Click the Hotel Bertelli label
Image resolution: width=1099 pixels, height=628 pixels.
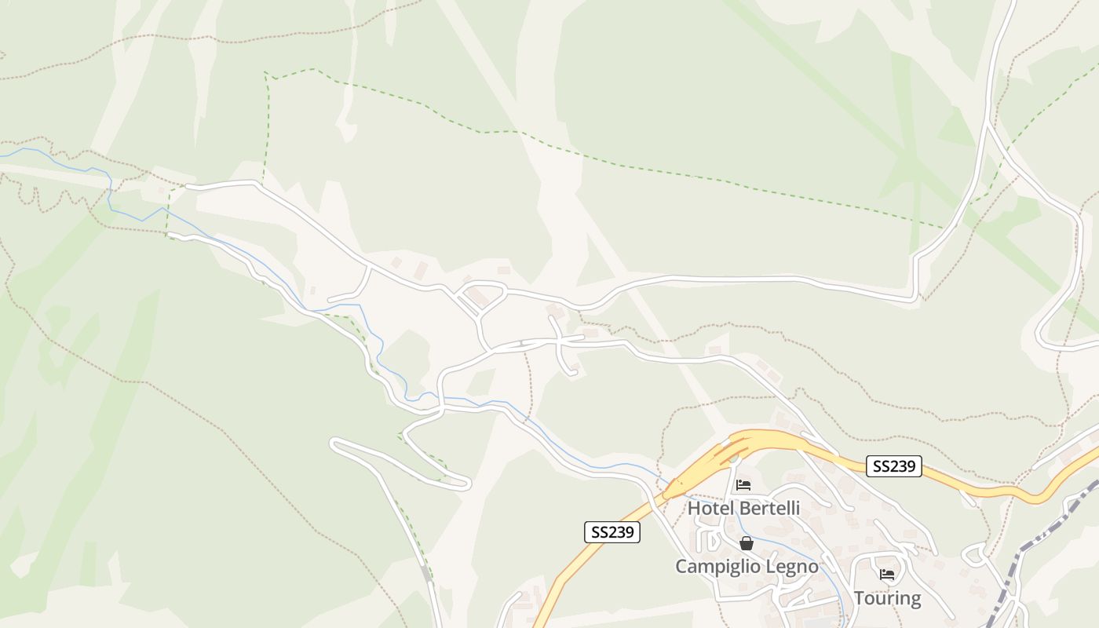[743, 508]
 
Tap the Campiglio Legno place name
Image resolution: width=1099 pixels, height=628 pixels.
[747, 566]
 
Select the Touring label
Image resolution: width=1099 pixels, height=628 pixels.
[887, 597]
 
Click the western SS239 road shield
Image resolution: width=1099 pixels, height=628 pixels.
[612, 532]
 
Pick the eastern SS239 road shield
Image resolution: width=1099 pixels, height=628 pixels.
[894, 466]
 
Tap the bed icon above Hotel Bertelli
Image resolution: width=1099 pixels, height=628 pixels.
[743, 485]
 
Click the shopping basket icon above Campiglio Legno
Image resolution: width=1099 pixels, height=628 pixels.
[746, 543]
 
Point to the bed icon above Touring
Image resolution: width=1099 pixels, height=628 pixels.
[887, 575]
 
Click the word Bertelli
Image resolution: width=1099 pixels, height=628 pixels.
[769, 508]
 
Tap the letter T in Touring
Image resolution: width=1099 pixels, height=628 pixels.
[859, 597]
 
